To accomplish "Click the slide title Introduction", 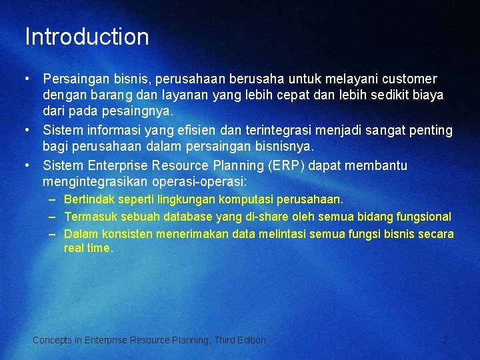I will (x=87, y=37).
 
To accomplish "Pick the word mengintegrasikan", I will (x=97, y=181).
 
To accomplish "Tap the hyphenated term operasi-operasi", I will (x=200, y=181).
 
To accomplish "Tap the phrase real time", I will (x=89, y=248).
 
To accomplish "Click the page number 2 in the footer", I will (x=445, y=340).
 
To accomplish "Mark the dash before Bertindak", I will (x=52, y=199).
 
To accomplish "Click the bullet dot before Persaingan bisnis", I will (x=27, y=79).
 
